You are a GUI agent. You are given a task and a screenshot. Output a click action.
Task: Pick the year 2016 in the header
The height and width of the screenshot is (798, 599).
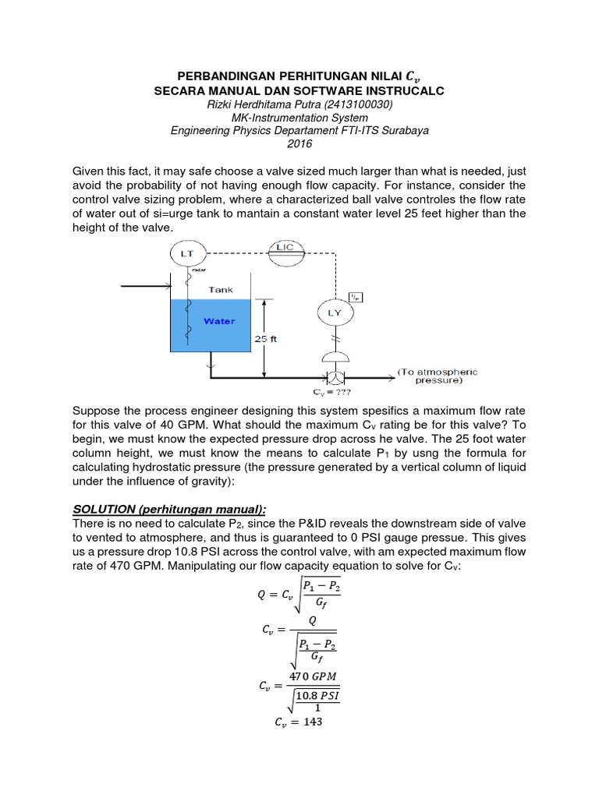(x=299, y=143)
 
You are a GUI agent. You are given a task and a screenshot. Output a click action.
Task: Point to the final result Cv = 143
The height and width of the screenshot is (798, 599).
(x=299, y=722)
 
